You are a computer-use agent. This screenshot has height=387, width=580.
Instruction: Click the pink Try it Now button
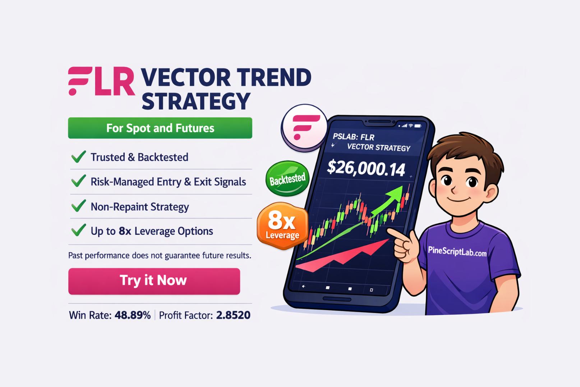[x=154, y=281]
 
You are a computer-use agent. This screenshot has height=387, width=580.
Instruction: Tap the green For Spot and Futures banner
[x=160, y=128]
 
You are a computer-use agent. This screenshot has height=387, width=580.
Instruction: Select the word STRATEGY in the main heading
[x=196, y=102]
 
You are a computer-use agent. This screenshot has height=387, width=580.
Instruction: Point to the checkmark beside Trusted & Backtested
[x=78, y=157]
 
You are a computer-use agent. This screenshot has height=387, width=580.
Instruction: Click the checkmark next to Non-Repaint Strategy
[x=78, y=206]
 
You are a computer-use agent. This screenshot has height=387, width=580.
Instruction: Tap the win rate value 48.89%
[x=133, y=315]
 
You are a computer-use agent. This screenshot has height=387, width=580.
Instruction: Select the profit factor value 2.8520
[x=233, y=315]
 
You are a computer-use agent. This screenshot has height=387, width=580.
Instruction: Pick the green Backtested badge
[x=287, y=179]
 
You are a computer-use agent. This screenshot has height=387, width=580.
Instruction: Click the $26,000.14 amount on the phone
[x=366, y=168]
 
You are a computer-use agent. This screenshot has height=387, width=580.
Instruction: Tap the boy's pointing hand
[x=404, y=245]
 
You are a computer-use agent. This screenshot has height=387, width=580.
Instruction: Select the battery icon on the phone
[x=418, y=126]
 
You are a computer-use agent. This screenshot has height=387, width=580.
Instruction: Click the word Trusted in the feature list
[x=107, y=157]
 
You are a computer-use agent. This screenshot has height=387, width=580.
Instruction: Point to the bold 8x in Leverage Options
[x=125, y=231]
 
